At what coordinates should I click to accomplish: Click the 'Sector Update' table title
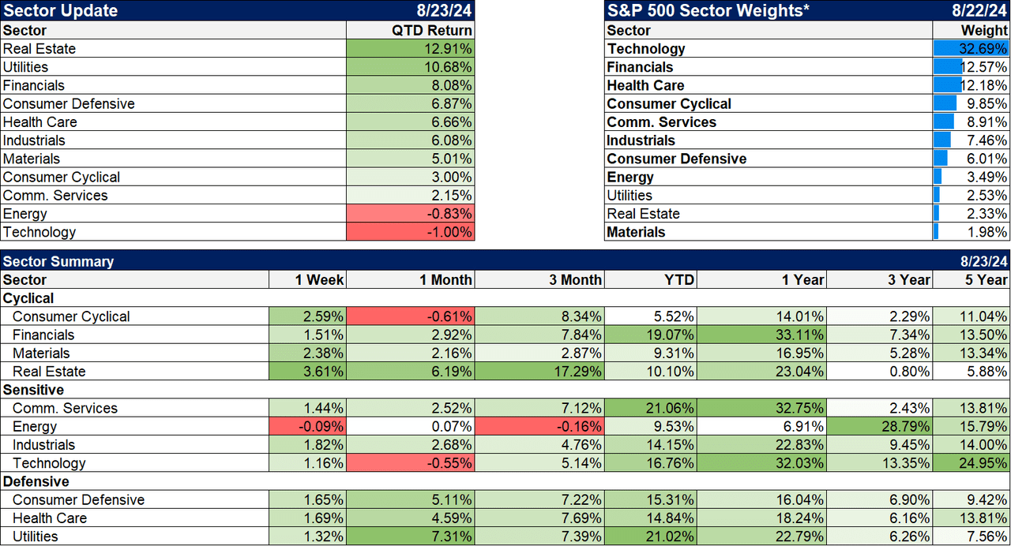(60, 10)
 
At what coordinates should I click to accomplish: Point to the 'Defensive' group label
(36, 481)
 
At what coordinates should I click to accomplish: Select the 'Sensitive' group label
(34, 390)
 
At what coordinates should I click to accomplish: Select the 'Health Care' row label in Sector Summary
(50, 518)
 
